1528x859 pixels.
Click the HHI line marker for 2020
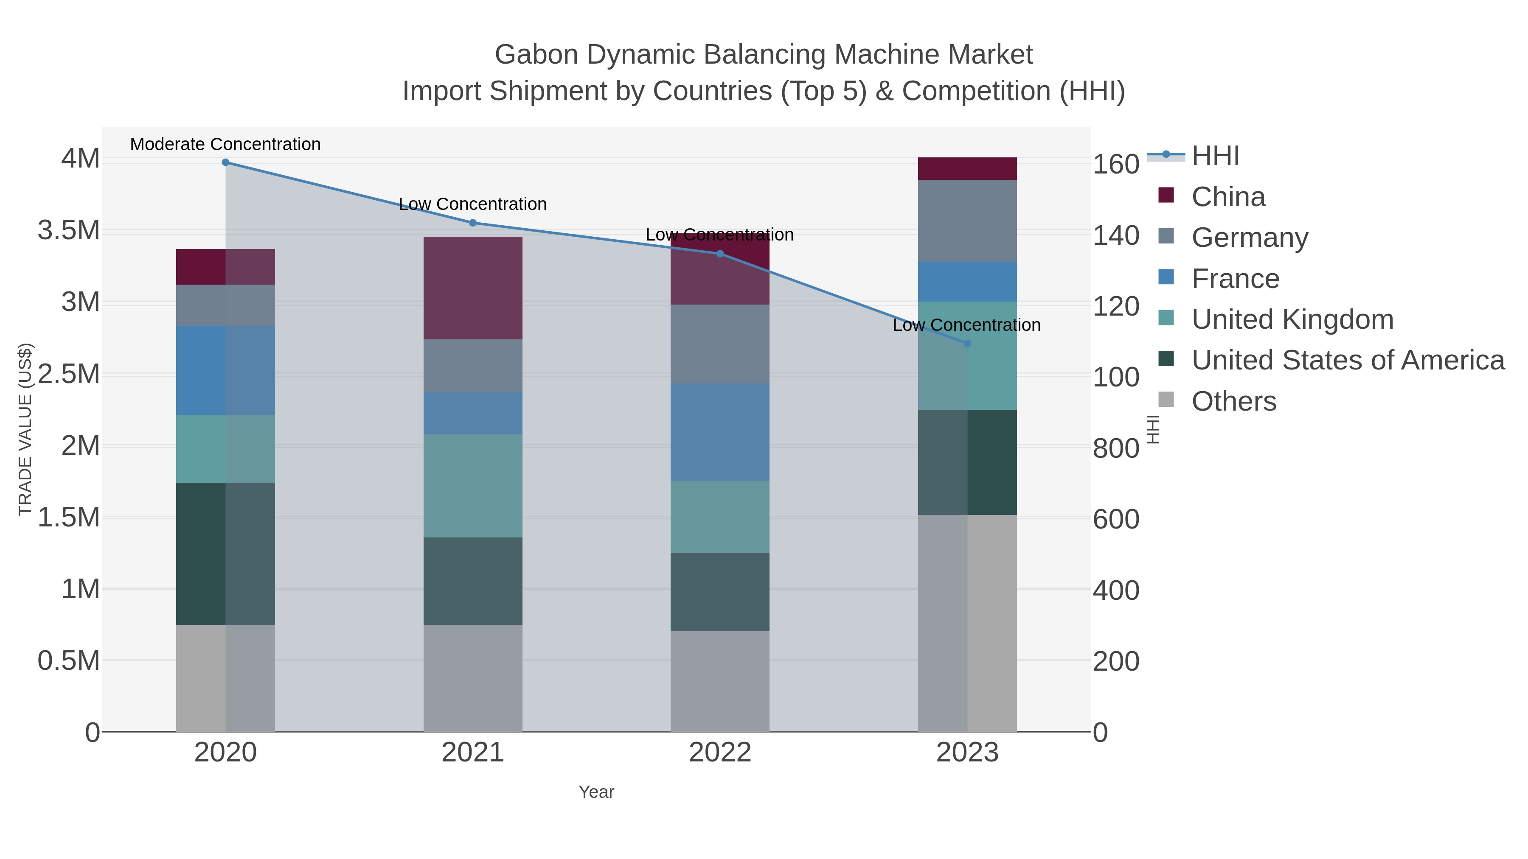225,162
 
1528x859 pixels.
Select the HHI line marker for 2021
473,223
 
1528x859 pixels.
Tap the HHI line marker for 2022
720,254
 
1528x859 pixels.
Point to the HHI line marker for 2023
967,343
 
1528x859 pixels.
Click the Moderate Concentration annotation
225,144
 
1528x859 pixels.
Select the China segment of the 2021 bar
473,288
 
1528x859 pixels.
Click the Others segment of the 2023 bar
967,622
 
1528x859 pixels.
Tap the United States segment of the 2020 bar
225,554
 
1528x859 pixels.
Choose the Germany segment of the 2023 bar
967,221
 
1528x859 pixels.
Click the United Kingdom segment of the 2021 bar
473,486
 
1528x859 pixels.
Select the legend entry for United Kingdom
1292,319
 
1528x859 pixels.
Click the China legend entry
1228,197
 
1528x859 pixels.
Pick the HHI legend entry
1215,156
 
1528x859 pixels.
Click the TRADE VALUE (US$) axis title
25,429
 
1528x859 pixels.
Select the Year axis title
596,792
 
